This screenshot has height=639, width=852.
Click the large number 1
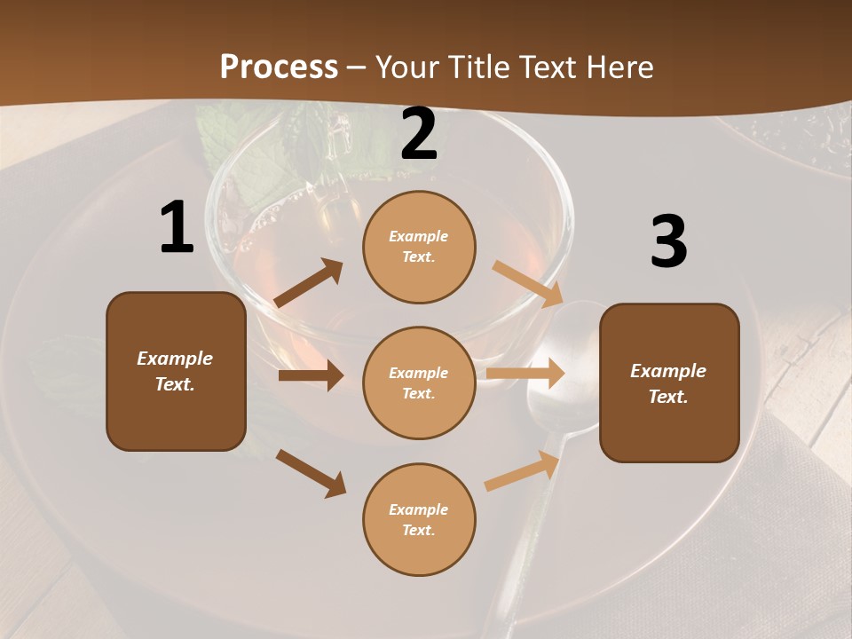(177, 228)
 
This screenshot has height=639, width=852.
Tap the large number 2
(419, 134)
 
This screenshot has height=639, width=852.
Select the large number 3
(669, 242)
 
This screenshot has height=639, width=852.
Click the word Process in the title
(279, 67)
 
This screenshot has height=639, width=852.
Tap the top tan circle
(419, 247)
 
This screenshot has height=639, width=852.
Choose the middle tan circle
(419, 383)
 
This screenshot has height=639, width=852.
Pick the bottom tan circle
(419, 519)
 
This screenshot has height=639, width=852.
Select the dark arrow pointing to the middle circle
(311, 375)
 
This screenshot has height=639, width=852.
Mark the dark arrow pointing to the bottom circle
(311, 472)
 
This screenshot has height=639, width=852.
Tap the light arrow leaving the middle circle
(525, 373)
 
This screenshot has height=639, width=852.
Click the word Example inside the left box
(175, 359)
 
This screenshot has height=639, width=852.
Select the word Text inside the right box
(667, 397)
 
